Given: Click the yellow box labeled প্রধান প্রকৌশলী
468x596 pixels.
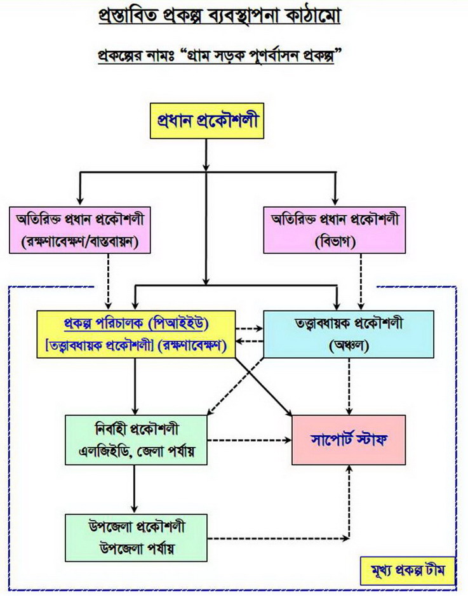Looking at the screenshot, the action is (x=207, y=121).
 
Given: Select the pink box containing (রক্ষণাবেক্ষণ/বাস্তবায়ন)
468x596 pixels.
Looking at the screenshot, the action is (x=80, y=230).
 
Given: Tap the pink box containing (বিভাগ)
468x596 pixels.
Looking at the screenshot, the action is (x=335, y=230).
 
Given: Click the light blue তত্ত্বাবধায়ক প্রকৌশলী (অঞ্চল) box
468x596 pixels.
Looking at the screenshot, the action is (x=349, y=334).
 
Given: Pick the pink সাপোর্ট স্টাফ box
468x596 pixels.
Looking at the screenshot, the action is (x=349, y=440).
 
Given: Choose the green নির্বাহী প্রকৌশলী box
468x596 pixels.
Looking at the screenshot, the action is (x=136, y=440).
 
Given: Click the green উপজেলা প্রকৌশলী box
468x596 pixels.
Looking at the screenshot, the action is (x=136, y=538).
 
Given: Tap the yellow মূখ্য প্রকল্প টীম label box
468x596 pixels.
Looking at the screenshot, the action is (x=408, y=571).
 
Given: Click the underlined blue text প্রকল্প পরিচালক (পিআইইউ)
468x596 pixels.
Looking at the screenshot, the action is (x=137, y=324).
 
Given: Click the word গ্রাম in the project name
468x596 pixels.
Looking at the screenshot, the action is (x=202, y=56).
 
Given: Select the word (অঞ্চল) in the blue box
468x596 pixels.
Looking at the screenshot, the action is (x=349, y=346).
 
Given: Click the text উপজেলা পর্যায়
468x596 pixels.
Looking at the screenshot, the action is (x=137, y=549).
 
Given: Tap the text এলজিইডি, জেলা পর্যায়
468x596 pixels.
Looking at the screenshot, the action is (x=137, y=451).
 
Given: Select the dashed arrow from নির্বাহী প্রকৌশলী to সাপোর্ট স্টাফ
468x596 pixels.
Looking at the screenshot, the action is (x=250, y=440).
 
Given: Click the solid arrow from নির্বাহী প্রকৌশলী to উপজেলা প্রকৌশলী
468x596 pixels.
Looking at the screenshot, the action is (x=134, y=489).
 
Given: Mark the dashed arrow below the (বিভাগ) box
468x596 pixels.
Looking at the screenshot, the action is (x=361, y=282).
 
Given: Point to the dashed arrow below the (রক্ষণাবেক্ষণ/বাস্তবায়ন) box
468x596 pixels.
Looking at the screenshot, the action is (x=109, y=282).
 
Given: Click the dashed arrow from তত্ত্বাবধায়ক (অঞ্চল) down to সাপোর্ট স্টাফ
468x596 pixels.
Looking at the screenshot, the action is (x=349, y=387).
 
